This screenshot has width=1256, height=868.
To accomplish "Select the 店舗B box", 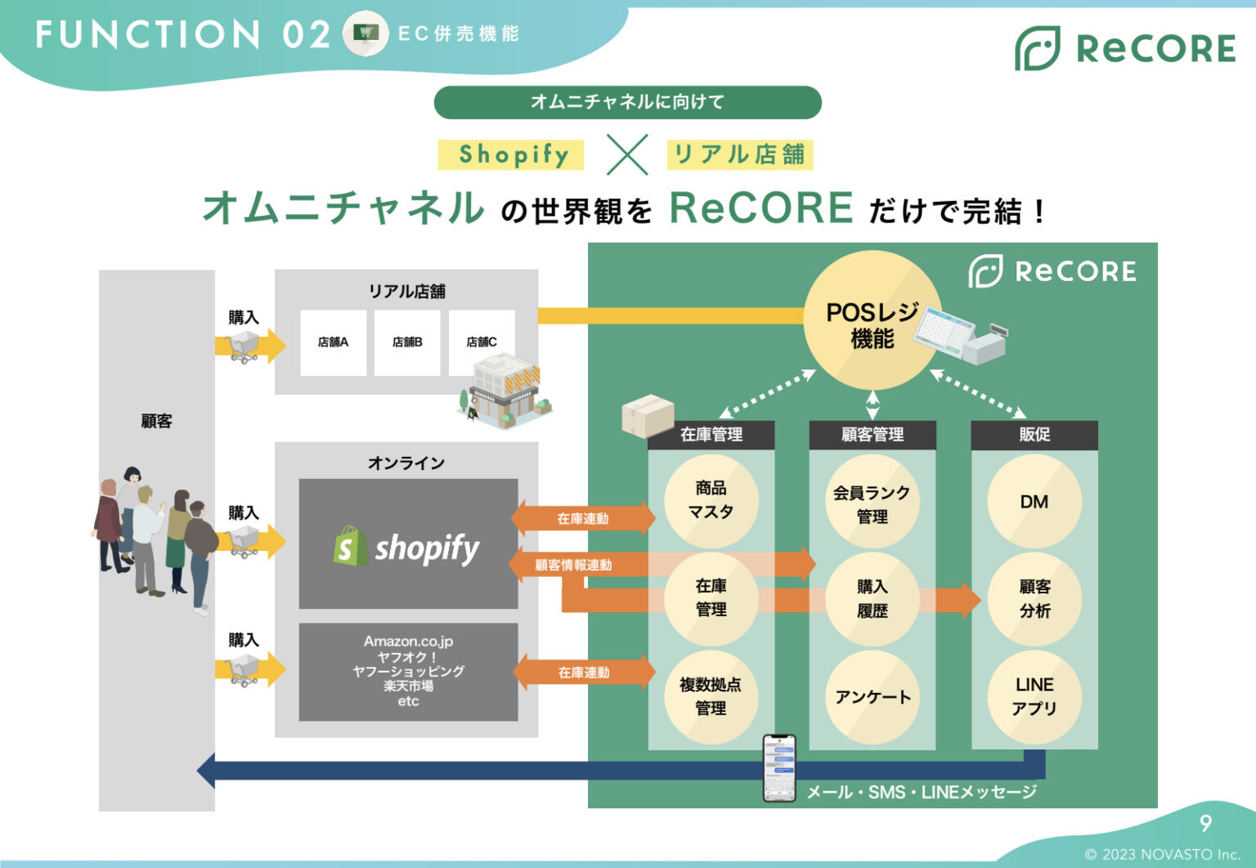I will click(407, 342).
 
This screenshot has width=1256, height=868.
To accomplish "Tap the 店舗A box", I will click(333, 342).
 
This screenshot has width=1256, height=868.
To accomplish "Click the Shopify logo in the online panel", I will click(407, 546).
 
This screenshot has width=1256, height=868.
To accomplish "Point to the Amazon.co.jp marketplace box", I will click(408, 672).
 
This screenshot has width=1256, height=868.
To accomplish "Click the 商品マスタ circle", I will click(711, 500).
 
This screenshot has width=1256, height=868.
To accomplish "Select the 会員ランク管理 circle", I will click(872, 503).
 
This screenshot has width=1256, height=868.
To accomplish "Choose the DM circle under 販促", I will click(1034, 502).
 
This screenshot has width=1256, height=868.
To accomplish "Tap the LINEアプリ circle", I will click(1034, 696).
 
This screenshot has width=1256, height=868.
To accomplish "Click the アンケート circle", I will click(872, 697).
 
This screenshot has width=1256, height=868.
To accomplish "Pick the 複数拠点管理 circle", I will click(711, 696).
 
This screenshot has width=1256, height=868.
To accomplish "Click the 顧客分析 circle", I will click(1034, 599).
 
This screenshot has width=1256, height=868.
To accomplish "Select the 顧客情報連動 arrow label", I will click(573, 565).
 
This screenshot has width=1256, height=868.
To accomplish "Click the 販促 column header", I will click(1034, 435).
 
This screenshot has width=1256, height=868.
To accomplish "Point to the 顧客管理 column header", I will click(872, 435).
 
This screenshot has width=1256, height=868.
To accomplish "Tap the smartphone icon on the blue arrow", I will click(778, 767).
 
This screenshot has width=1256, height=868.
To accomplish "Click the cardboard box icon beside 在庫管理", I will click(647, 415).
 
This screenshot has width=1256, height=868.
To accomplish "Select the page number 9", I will click(1204, 823).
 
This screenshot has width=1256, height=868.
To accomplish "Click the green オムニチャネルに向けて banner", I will click(627, 102).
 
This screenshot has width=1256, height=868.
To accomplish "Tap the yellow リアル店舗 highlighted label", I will click(739, 154).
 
